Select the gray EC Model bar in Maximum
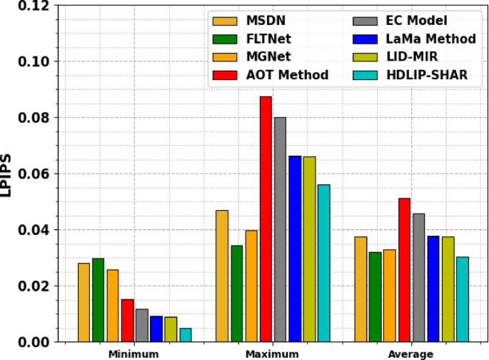pyautogui.click(x=280, y=229)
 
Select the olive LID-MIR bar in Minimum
pyautogui.click(x=171, y=329)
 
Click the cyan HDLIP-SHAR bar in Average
pyautogui.click(x=463, y=299)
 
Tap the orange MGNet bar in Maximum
pyautogui.click(x=251, y=286)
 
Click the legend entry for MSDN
pyautogui.click(x=267, y=20)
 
